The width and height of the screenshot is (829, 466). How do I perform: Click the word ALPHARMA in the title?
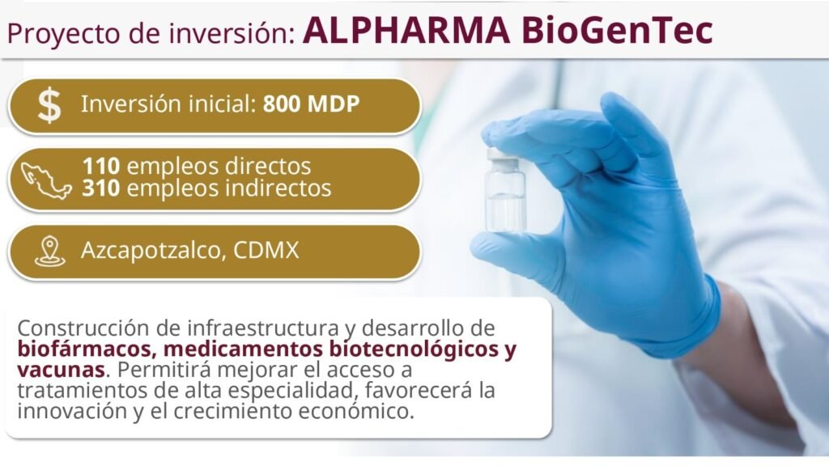click(x=406, y=31)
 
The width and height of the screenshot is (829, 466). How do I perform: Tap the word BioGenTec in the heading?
click(x=617, y=31)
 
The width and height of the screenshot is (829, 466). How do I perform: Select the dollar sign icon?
click(x=49, y=105)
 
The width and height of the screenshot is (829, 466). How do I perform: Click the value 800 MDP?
click(x=312, y=104)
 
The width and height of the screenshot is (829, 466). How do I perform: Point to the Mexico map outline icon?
click(x=45, y=180)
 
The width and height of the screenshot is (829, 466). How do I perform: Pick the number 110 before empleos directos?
click(x=101, y=167)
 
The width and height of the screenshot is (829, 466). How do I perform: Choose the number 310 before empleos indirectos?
click(x=101, y=188)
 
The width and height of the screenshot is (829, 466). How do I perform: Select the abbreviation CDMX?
click(x=266, y=250)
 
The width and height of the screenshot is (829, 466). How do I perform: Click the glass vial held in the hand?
click(x=505, y=190)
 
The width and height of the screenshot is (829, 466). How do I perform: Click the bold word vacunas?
click(x=61, y=370)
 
